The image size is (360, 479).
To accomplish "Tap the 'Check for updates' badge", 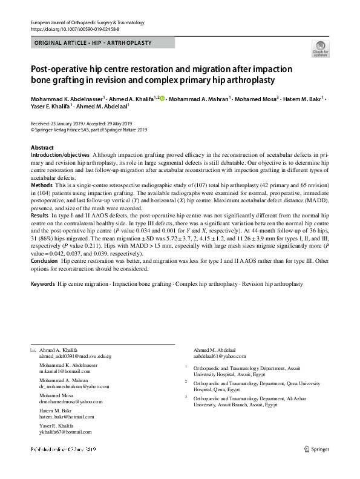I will (319, 48).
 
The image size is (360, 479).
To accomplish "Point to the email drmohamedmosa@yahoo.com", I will (71, 401).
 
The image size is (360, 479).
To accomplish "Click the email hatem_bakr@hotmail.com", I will (67, 416).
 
